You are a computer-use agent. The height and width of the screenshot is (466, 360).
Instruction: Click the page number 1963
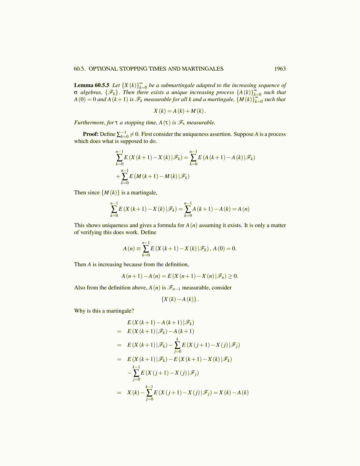tap(280, 69)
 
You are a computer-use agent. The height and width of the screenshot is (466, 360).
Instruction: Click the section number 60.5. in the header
tap(80, 69)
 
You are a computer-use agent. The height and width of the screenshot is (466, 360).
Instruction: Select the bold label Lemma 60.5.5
tap(92, 85)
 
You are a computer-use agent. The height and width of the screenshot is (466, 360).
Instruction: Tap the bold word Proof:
tap(91, 134)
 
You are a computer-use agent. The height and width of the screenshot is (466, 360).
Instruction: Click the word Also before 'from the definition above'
tap(80, 288)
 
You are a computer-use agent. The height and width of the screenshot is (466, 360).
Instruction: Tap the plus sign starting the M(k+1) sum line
tap(118, 177)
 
